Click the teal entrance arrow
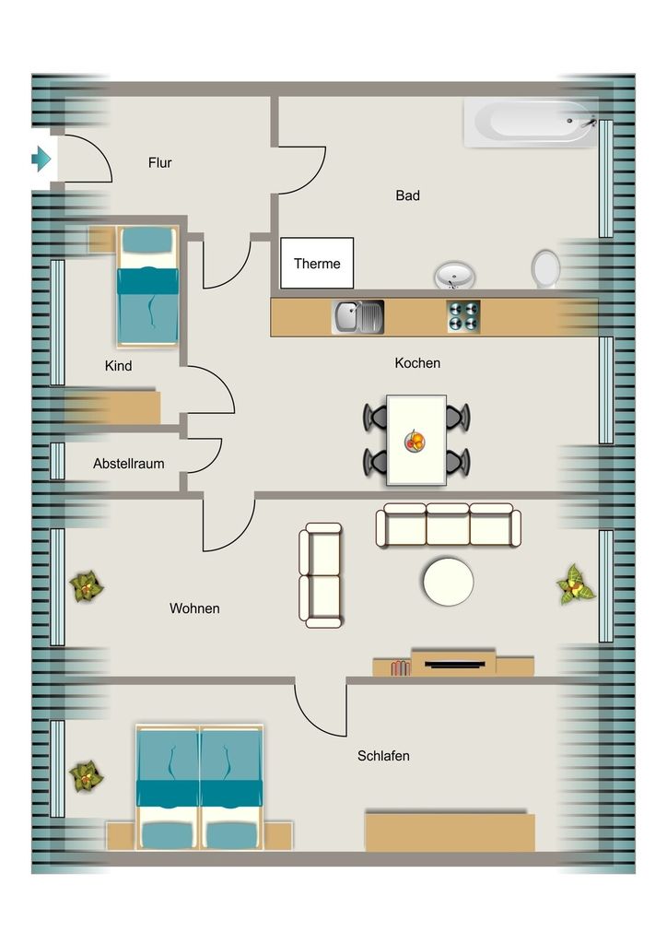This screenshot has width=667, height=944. pos(41,159)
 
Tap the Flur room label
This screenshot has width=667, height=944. pos(160,162)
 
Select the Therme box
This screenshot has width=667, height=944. pos(317,263)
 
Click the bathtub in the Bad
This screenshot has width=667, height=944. pos(531,123)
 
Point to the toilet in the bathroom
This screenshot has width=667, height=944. pos(545,268)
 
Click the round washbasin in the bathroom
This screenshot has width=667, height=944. pos(455,275)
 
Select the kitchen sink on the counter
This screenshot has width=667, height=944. pos(357,317)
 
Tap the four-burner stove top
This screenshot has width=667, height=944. pos(463,316)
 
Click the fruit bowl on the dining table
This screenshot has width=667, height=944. pos(415,442)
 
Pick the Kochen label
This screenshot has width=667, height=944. pos(417,363)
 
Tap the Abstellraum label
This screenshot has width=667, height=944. pos(129,464)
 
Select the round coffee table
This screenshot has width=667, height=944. pos(448,582)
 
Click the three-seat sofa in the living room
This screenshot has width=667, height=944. pos(448,525)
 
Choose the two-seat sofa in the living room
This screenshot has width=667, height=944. pos(321,575)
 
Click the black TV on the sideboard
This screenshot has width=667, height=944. pos(455,665)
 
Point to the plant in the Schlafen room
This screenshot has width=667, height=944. pos(86,776)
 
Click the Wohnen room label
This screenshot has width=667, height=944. pos(194,608)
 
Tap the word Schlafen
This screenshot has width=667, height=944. pos(383,756)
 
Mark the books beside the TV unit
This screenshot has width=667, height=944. pos(400,667)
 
